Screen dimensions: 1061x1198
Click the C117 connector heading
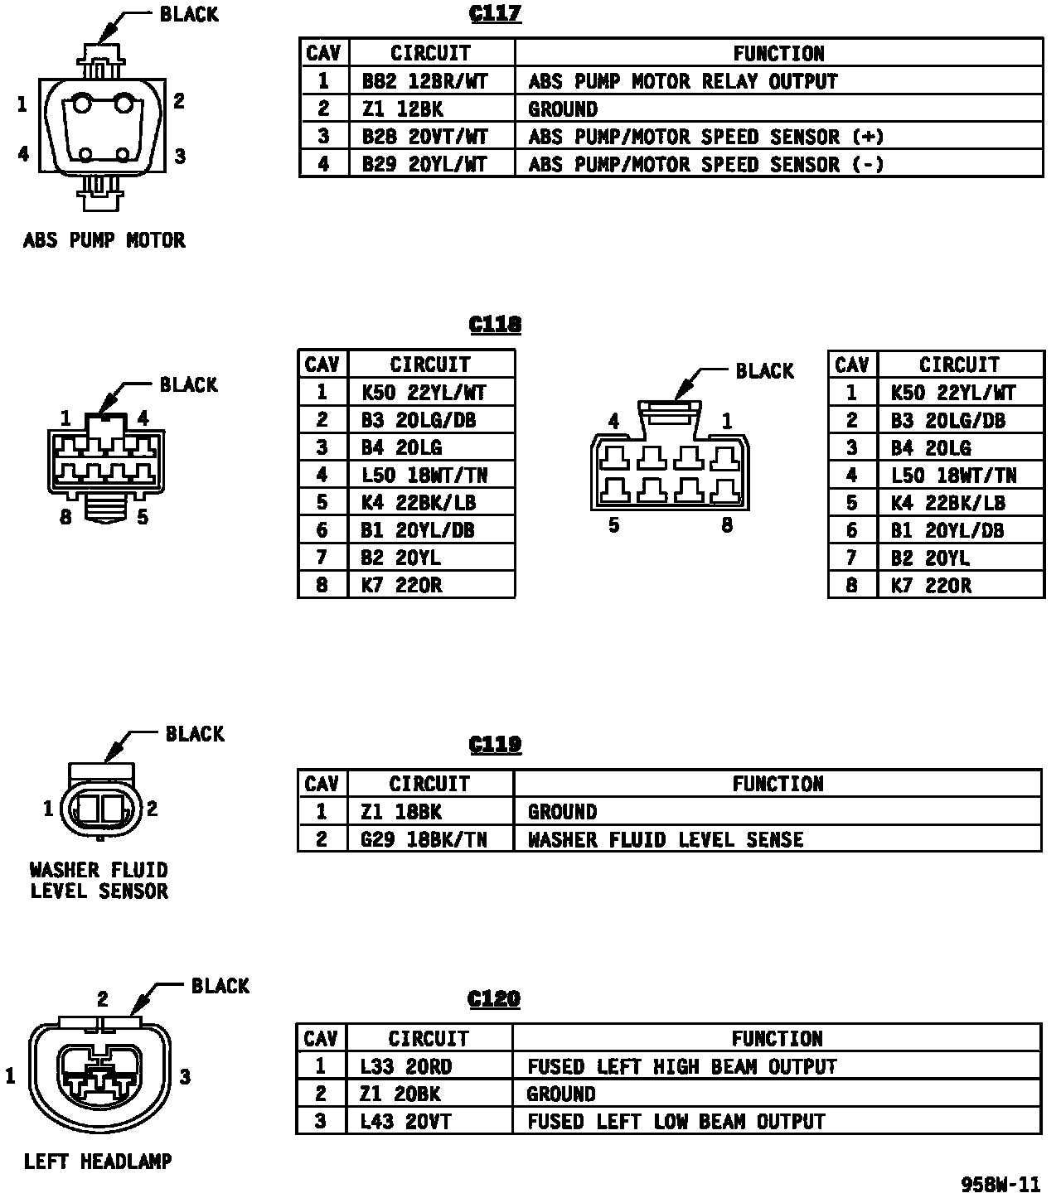(x=495, y=14)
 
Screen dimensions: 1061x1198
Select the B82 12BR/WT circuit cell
(x=425, y=81)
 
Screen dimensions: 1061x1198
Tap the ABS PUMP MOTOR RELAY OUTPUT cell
(x=683, y=81)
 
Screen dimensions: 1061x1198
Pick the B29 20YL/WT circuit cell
(x=425, y=164)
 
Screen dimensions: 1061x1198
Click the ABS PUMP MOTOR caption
(x=104, y=240)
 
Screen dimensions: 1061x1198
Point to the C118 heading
(x=495, y=324)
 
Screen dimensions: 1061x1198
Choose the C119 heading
(x=495, y=745)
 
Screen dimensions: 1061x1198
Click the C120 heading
(x=494, y=998)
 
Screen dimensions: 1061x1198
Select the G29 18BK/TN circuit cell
(x=424, y=839)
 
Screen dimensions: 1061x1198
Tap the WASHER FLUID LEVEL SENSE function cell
(x=666, y=839)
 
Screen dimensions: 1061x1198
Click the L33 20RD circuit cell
(x=406, y=1066)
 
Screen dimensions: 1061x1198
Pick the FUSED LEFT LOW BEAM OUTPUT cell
(x=676, y=1122)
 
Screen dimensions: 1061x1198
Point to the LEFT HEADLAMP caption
(x=98, y=1162)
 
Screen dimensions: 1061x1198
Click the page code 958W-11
(x=1000, y=1184)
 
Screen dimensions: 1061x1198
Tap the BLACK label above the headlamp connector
(x=220, y=986)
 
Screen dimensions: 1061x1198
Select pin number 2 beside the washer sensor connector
(x=153, y=809)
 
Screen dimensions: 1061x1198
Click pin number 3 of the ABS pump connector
(x=180, y=155)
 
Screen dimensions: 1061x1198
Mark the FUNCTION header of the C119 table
(x=778, y=784)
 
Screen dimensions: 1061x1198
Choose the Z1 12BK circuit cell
(x=403, y=109)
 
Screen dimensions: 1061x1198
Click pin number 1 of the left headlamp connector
(x=11, y=1076)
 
